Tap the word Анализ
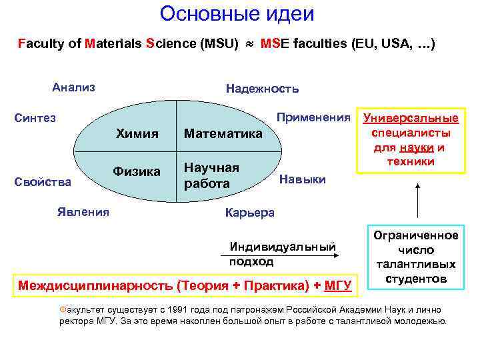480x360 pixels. click(x=73, y=87)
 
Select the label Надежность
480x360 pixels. click(x=262, y=89)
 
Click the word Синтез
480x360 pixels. click(x=35, y=118)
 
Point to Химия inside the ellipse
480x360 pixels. click(x=137, y=133)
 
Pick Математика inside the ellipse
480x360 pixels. click(x=223, y=134)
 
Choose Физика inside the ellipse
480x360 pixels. click(x=137, y=172)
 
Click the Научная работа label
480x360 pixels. click(x=211, y=175)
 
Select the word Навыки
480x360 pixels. click(x=302, y=179)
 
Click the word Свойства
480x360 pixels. click(x=44, y=181)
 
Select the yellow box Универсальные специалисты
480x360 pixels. click(x=411, y=140)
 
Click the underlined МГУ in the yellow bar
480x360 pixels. click(x=337, y=286)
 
